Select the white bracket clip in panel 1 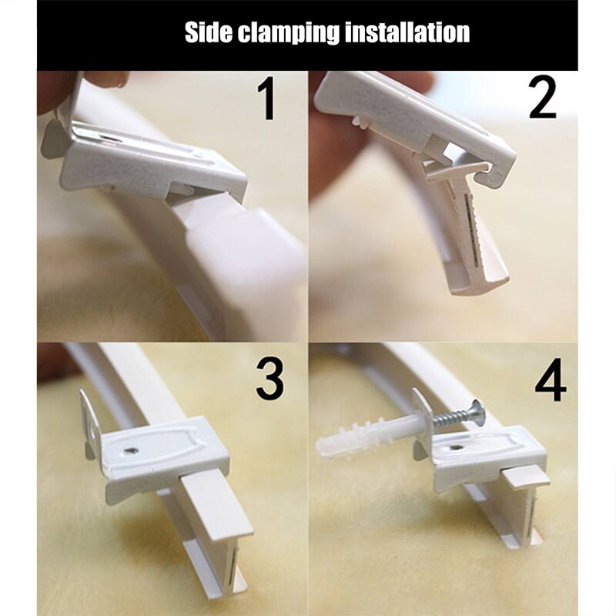[x=154, y=158]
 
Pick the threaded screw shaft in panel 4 [x=450, y=420]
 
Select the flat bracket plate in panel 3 [x=162, y=454]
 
